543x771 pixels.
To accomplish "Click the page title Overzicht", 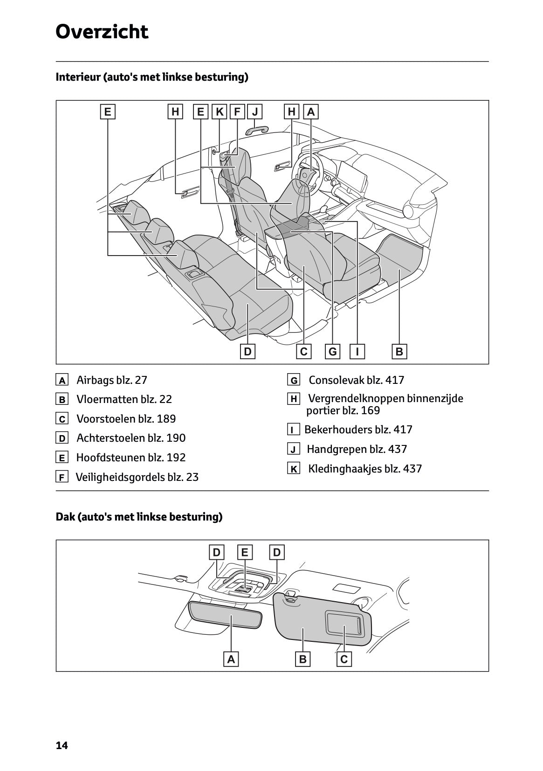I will [x=102, y=32].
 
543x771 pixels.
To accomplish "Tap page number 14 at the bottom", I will [x=62, y=745].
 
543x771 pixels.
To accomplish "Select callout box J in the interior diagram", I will [x=255, y=112].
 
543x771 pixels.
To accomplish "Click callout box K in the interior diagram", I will [x=220, y=112].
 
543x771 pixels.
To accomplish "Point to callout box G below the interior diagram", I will [x=333, y=352].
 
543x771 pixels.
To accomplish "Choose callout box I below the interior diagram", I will [x=357, y=352].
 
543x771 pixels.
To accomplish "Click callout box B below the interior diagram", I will [x=399, y=352].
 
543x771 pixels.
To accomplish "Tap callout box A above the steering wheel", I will [x=311, y=112].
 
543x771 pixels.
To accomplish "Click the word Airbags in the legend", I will [x=95, y=380].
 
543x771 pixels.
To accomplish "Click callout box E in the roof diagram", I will [x=244, y=553].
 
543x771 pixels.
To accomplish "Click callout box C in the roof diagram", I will [x=344, y=659].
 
